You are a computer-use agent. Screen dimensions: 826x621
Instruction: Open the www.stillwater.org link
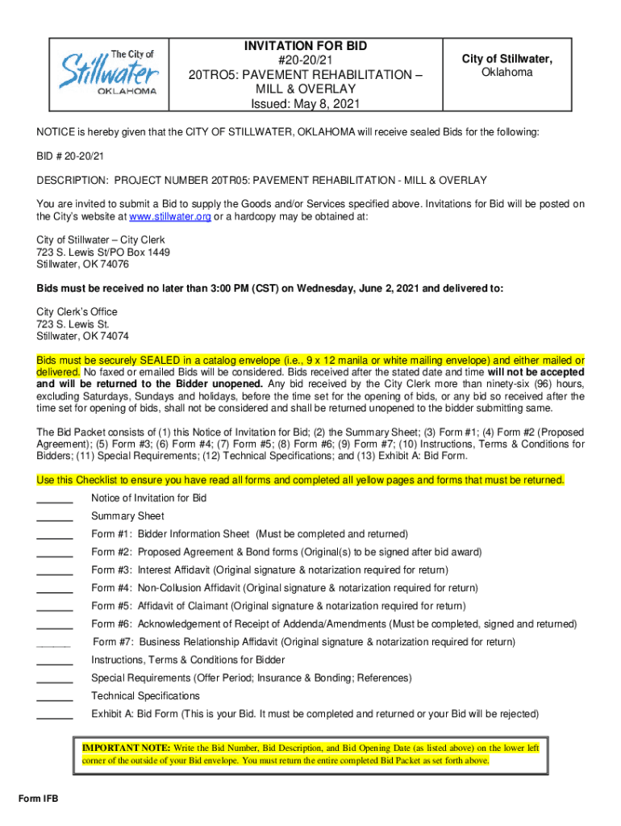coord(170,217)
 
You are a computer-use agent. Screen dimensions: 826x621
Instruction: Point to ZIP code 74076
coord(110,264)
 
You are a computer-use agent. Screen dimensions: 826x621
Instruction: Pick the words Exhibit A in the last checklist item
coord(111,714)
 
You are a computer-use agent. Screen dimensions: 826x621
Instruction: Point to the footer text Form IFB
coord(39,799)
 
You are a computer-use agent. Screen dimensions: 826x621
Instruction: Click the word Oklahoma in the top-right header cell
coord(506,73)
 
